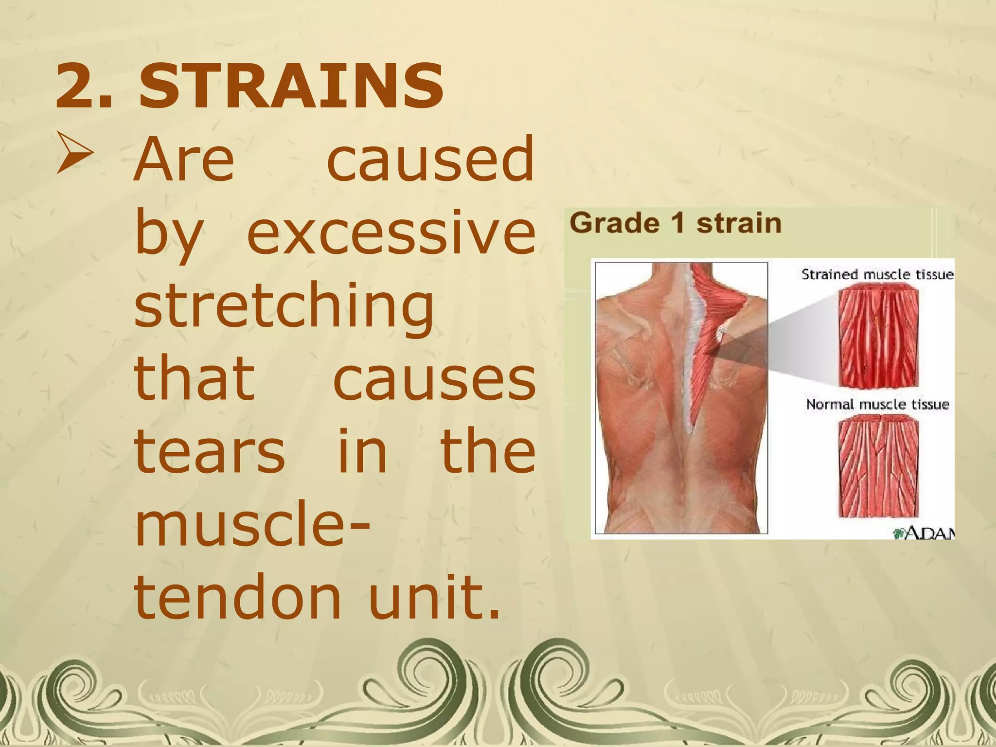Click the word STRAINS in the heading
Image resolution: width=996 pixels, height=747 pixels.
(291, 87)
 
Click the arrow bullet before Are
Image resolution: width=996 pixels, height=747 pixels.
(74, 153)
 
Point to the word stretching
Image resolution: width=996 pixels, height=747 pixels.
(284, 307)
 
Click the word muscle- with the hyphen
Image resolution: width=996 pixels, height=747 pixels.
(252, 525)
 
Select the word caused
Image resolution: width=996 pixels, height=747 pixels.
(431, 160)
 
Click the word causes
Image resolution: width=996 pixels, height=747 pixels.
(434, 379)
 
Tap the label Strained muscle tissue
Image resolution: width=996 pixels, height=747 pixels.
(877, 275)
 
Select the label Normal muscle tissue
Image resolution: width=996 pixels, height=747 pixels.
(877, 405)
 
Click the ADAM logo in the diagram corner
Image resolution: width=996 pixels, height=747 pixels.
(924, 534)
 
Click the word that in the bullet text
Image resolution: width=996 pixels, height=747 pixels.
(194, 379)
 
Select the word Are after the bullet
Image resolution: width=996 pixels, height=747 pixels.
(184, 160)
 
